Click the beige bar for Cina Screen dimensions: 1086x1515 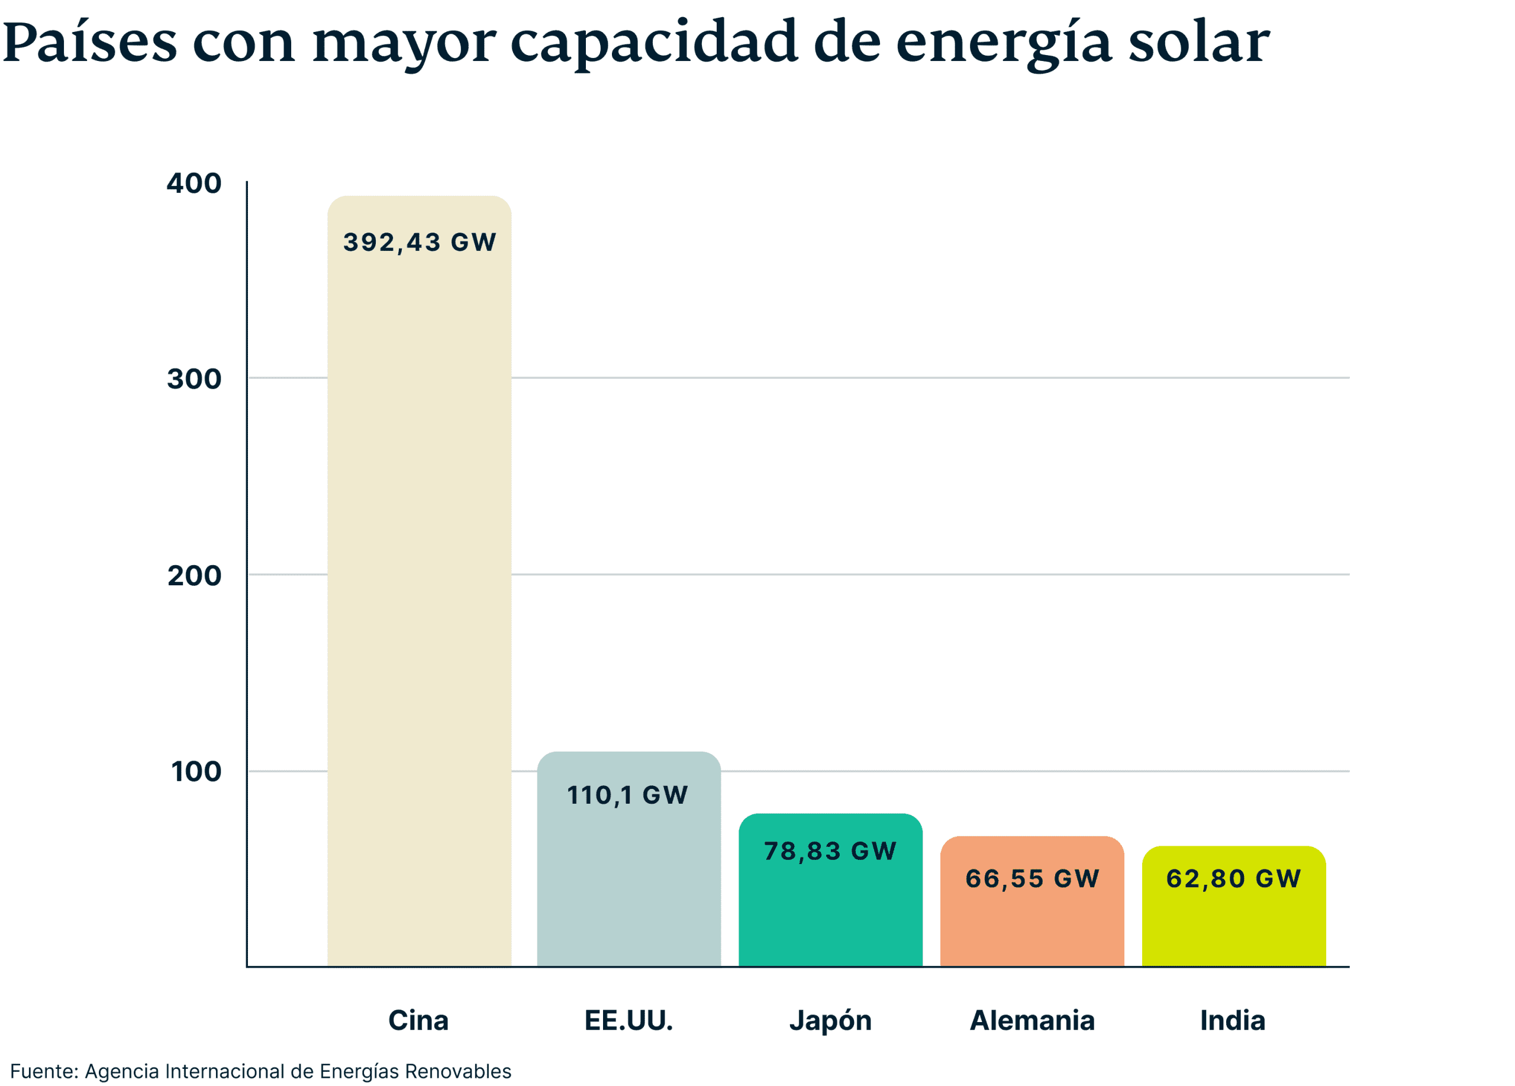tap(419, 601)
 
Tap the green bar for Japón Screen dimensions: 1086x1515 tap(830, 915)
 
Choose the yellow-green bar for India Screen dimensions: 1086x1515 tap(1234, 929)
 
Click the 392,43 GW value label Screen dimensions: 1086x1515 tap(420, 242)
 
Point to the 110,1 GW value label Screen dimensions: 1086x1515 tap(627, 795)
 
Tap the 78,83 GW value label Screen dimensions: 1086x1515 tap(830, 851)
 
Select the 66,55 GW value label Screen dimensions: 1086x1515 tap(1032, 878)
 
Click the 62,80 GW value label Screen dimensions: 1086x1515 tap(1233, 878)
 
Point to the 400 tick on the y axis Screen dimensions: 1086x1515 tap(194, 183)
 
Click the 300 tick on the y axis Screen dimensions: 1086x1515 tap(194, 379)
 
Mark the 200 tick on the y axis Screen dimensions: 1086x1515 tap(194, 575)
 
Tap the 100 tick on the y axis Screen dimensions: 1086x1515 tap(196, 771)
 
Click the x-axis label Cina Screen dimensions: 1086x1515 tap(418, 1020)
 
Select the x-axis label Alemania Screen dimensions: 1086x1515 tap(1032, 1020)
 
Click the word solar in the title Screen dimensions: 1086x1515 tap(1198, 41)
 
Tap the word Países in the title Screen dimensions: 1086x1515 tap(89, 41)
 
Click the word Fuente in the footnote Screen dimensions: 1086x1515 tap(43, 1071)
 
